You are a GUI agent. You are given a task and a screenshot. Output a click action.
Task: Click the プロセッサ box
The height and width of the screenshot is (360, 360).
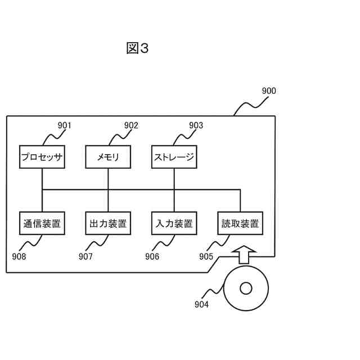click(x=42, y=157)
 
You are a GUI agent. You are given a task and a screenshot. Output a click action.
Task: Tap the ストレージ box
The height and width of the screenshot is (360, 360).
click(x=174, y=157)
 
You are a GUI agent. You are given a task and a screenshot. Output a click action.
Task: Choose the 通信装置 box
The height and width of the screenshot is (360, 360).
click(x=42, y=223)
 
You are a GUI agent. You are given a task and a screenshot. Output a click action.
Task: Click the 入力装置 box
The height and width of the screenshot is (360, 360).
click(x=174, y=223)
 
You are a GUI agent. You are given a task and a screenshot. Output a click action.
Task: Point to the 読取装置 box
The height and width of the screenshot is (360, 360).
click(x=241, y=223)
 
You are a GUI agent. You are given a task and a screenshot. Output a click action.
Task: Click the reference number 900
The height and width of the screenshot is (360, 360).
click(x=269, y=91)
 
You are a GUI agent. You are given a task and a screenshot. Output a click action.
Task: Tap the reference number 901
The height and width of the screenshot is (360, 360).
click(x=65, y=125)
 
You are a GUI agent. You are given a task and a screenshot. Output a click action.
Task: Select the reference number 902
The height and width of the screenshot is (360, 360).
click(x=131, y=125)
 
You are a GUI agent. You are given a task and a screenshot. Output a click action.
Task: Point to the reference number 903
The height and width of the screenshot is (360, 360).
click(x=196, y=125)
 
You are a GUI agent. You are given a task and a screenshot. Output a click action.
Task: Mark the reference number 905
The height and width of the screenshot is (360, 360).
click(x=206, y=257)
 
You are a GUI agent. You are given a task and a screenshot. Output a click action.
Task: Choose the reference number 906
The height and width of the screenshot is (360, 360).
click(x=152, y=257)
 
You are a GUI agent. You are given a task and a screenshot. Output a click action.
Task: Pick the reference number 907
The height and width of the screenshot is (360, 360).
click(x=85, y=257)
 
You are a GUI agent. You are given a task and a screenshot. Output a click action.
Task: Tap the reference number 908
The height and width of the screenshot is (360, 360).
click(x=19, y=257)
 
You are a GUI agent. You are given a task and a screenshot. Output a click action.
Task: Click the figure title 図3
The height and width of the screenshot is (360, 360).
click(x=137, y=48)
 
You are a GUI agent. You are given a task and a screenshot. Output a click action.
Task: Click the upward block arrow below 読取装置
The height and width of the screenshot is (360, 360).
click(x=244, y=255)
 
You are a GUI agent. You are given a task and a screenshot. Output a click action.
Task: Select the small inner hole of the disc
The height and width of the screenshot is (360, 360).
click(x=246, y=289)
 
